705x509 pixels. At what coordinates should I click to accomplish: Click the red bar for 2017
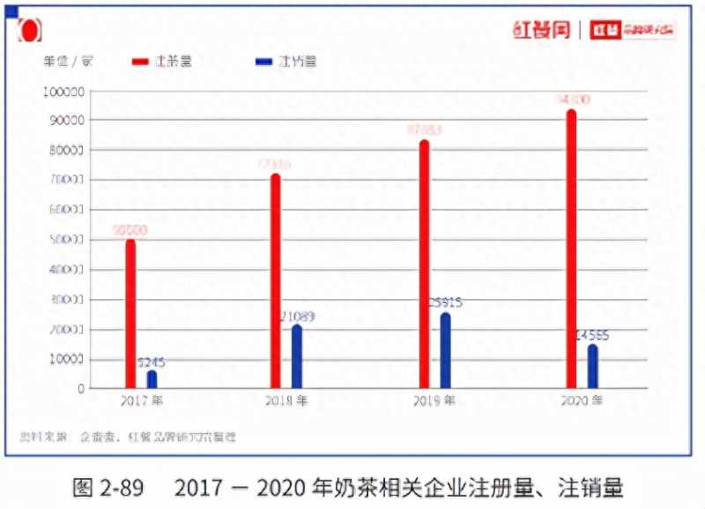[x=130, y=314]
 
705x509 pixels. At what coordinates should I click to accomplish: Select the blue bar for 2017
[x=152, y=380]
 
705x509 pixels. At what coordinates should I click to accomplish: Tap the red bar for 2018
[x=275, y=281]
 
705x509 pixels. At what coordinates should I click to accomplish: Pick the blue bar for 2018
[x=297, y=357]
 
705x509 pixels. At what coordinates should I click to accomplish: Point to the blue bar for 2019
[x=446, y=350]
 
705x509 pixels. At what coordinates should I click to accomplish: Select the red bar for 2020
[x=571, y=248]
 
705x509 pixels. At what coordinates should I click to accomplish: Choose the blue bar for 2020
[x=593, y=366]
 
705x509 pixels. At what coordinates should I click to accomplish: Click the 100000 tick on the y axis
[x=64, y=91]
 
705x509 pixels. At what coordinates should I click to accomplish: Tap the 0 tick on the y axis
[x=81, y=388]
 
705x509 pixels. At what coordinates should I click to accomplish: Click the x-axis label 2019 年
[x=434, y=401]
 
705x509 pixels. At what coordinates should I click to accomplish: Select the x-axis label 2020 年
[x=582, y=401]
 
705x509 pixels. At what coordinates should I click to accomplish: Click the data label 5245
[x=152, y=362]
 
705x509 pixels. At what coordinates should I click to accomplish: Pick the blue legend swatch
[x=263, y=62]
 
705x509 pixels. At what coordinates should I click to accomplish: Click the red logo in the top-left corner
[x=29, y=30]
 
